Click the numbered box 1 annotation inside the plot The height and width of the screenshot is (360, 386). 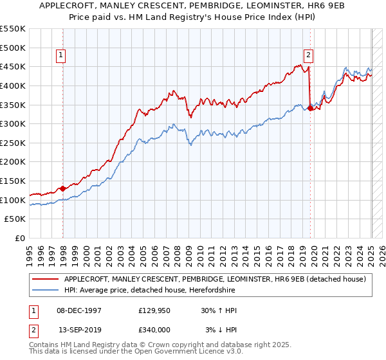point(60,56)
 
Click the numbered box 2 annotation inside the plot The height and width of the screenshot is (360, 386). point(309,56)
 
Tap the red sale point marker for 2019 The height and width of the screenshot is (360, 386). point(310,108)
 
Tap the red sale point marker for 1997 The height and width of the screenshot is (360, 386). point(63,188)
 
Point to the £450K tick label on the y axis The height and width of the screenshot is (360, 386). point(13,66)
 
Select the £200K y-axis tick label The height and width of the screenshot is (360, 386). point(13,162)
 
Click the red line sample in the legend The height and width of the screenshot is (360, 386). point(44,279)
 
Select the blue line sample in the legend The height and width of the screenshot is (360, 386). point(44,291)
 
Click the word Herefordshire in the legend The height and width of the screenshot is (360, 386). point(214,291)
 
